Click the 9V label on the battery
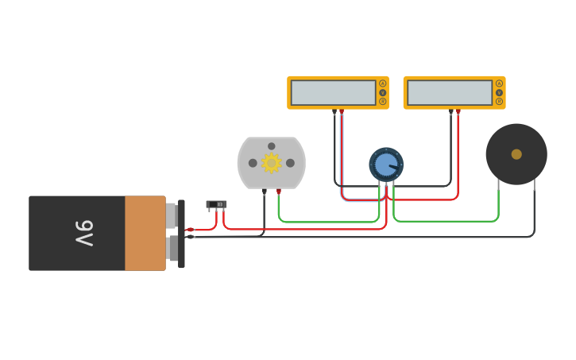click(x=84, y=233)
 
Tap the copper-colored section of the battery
click(x=145, y=233)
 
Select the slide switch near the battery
click(x=216, y=204)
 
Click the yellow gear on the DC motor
click(x=272, y=163)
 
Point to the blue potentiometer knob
click(x=386, y=165)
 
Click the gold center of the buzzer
click(x=516, y=154)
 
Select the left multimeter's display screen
click(x=333, y=92)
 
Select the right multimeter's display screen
click(x=450, y=92)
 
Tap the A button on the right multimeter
click(x=499, y=83)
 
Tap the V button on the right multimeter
click(x=499, y=92)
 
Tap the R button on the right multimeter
click(x=499, y=101)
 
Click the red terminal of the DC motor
click(x=279, y=192)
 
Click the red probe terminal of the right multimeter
click(x=458, y=111)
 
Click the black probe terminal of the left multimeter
click(x=334, y=111)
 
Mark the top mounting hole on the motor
click(x=271, y=146)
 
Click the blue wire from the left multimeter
click(x=342, y=159)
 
